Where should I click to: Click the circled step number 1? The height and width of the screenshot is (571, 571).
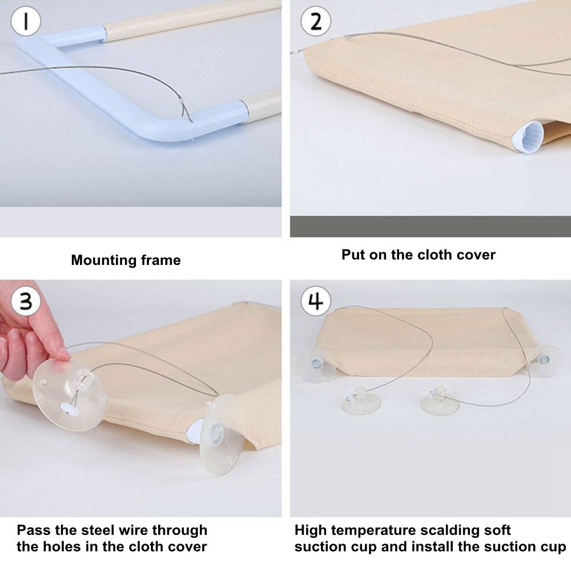pyautogui.click(x=26, y=21)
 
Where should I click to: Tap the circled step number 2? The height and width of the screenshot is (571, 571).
pyautogui.click(x=316, y=21)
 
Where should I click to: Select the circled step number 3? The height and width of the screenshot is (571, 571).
pyautogui.click(x=26, y=301)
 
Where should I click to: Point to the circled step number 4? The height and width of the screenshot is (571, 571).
pyautogui.click(x=316, y=301)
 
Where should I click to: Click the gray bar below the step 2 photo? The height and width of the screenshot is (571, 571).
pyautogui.click(x=431, y=227)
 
